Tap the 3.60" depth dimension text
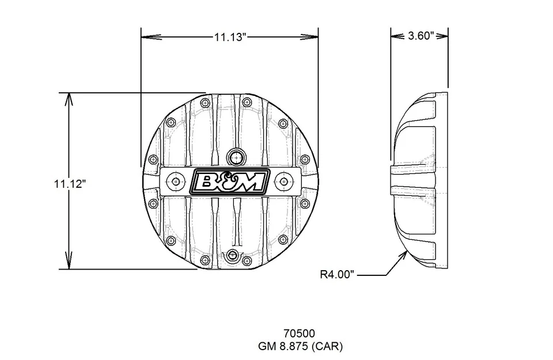click(x=420, y=36)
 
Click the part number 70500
click(x=298, y=334)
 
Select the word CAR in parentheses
click(x=329, y=346)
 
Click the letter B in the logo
click(x=207, y=182)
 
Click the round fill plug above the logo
click(x=236, y=156)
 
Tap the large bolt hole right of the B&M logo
click(x=283, y=181)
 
